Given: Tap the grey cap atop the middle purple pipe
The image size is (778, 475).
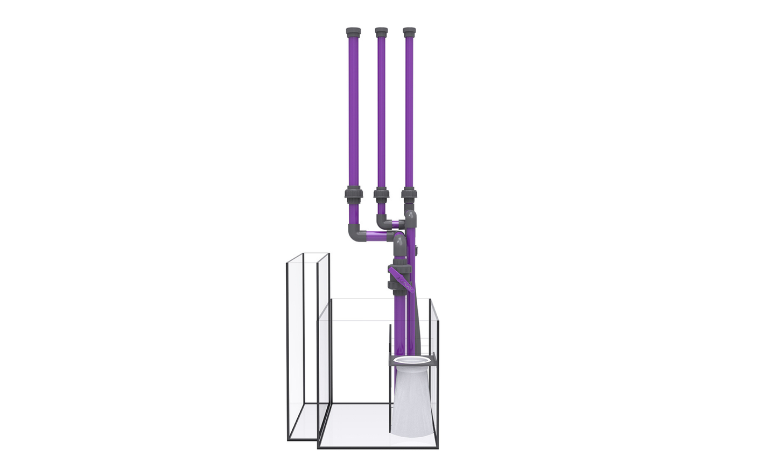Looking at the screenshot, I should click(381, 31).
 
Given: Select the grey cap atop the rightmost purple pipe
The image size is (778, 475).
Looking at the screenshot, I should click(409, 31).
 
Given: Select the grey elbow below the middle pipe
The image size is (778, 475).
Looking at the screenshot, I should click(382, 220).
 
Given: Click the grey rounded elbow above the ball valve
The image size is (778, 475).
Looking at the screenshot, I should click(399, 243).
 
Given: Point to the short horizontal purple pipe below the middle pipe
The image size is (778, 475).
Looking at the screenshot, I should click(396, 222).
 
